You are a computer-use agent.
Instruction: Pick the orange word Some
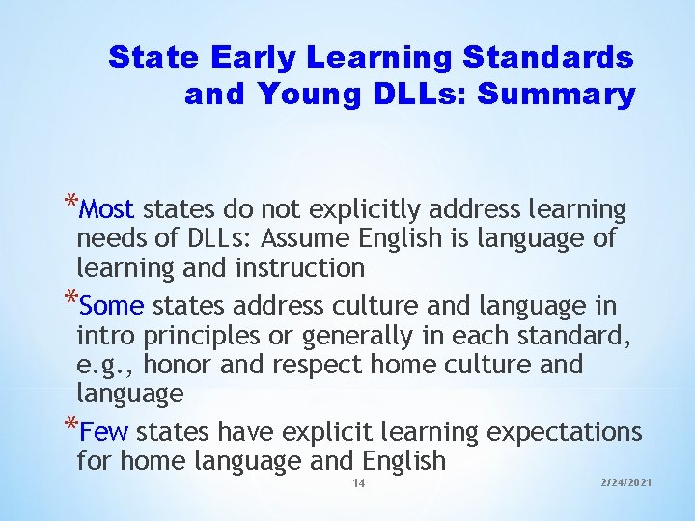tap(112, 307)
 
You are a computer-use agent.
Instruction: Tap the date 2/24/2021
tap(625, 481)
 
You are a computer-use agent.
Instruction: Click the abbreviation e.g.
tap(101, 366)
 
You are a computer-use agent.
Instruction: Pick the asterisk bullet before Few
tap(71, 425)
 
